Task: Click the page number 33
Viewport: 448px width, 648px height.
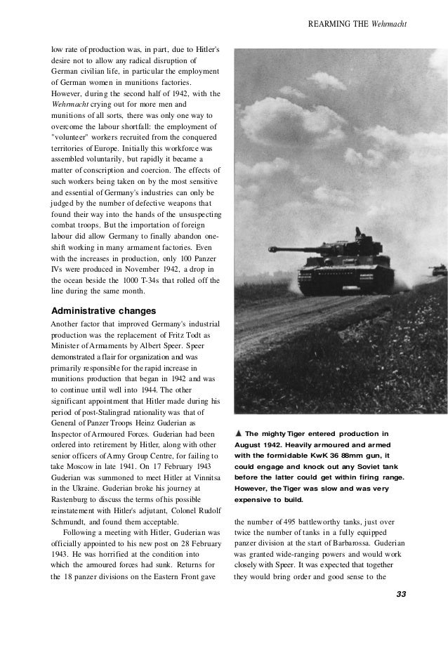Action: coord(401,595)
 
